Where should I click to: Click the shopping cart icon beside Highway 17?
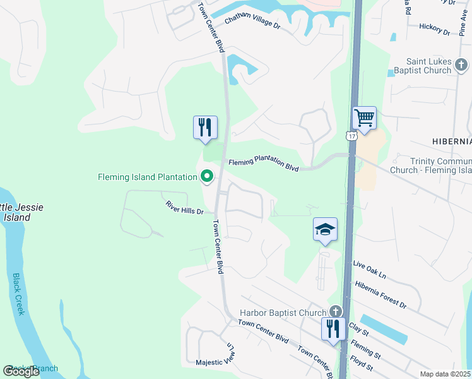(x=364, y=117)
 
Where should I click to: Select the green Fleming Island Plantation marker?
(x=206, y=177)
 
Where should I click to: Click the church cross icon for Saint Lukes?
(x=461, y=64)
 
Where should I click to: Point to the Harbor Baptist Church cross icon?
(x=336, y=312)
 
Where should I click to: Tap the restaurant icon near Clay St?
(x=333, y=328)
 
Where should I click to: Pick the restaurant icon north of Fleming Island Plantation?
(x=205, y=127)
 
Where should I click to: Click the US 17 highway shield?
(x=352, y=135)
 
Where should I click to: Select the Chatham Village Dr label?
(x=252, y=22)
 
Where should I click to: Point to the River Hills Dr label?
(x=184, y=207)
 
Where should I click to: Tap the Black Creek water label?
(x=18, y=294)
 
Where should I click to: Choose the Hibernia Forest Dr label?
(x=381, y=295)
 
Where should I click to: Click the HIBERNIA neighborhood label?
(x=451, y=140)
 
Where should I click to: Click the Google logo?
(x=21, y=371)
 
